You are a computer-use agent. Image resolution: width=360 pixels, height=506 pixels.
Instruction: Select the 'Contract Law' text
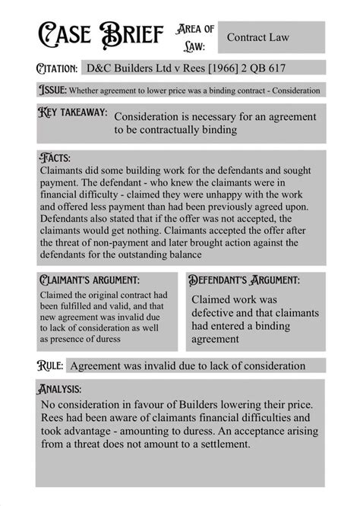(260, 36)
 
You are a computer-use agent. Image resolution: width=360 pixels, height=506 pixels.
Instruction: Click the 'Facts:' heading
(52, 158)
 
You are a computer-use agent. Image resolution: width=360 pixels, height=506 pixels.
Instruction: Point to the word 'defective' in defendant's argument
(216, 314)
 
